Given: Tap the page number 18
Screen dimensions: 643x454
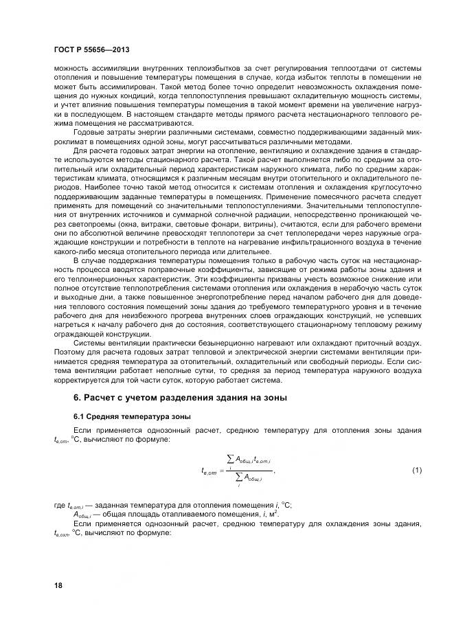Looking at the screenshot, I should pos(58,585).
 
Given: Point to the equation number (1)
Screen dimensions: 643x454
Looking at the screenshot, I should pos(416,470).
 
